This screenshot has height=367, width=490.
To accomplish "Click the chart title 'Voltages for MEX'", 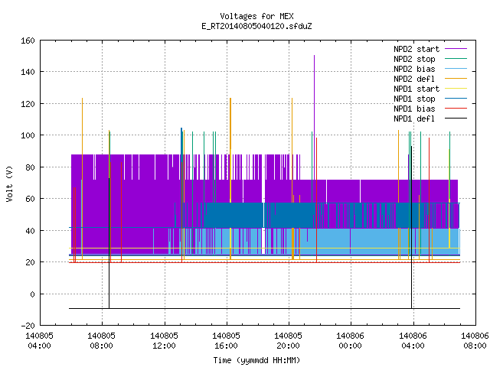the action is click(x=256, y=16).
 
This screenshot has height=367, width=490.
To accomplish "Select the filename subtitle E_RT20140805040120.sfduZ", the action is click(x=256, y=26).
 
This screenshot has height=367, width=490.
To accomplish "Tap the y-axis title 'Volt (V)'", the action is click(x=9, y=183).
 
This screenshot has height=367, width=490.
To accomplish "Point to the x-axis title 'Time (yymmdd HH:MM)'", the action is click(x=256, y=360).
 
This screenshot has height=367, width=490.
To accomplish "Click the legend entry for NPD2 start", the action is click(x=430, y=49).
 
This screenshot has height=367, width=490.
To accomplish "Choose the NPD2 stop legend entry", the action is click(x=430, y=59).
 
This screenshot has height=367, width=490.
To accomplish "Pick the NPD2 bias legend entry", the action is click(x=430, y=69).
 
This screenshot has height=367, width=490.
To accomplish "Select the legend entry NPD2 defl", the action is click(x=430, y=79).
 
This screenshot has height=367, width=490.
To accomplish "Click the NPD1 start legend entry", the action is click(x=430, y=89).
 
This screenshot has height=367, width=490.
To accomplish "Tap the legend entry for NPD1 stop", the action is click(x=430, y=99).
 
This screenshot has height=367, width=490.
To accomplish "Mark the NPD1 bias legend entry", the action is click(x=430, y=109).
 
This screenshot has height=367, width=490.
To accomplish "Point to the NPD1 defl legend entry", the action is click(x=430, y=119).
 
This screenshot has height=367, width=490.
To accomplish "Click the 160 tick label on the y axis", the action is click(x=28, y=41).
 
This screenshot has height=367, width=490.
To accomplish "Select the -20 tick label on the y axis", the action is click(x=28, y=326).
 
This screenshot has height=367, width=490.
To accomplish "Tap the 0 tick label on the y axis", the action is click(x=32, y=294).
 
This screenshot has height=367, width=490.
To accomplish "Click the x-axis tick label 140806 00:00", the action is click(x=350, y=341).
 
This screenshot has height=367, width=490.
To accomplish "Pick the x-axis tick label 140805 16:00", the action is click(x=226, y=341).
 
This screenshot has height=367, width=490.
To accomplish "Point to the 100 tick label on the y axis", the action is click(x=28, y=135).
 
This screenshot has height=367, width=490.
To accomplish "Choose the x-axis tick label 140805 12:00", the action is click(x=164, y=341).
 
